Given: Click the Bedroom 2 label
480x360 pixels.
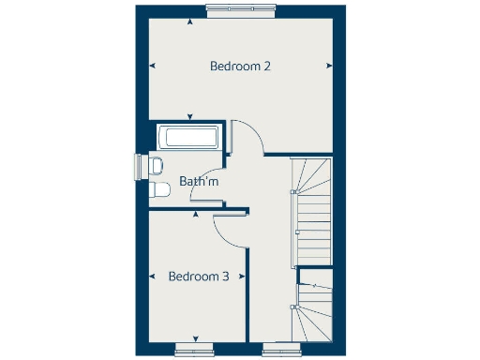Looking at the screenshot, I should point(241,67).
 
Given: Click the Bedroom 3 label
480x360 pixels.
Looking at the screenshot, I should point(199,277).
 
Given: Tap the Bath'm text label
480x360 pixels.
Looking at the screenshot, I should point(199,181).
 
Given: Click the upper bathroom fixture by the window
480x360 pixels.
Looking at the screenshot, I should point(157,166).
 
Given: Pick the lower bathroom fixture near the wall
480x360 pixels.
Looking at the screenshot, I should point(159,190).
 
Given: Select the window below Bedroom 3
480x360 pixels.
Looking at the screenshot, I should point(194,349).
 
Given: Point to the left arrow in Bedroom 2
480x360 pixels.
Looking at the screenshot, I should point(152,66).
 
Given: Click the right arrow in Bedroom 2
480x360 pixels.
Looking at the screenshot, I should point(329,66).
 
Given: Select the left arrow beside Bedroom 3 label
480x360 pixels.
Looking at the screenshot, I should point(152,277).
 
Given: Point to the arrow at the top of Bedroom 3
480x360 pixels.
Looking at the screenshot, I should point(195,215).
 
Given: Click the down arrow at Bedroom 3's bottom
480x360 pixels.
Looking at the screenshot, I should point(195,338).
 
